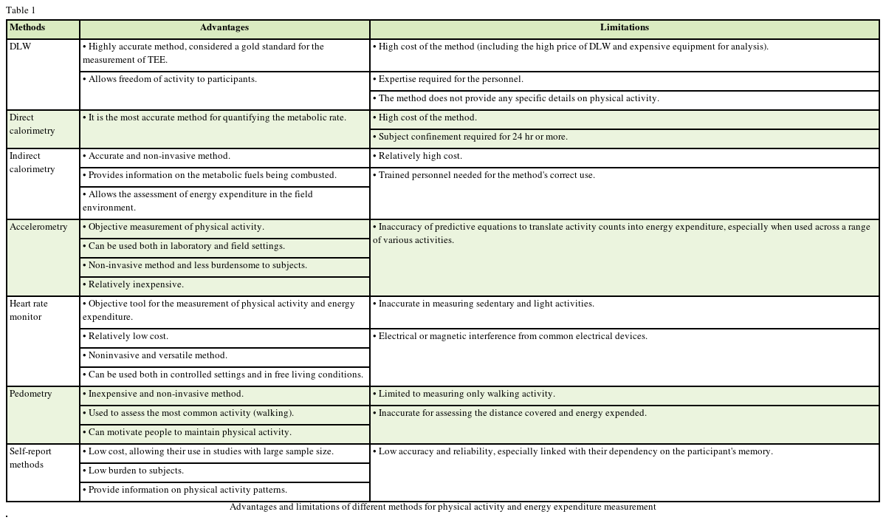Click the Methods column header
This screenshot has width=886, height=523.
tap(27, 28)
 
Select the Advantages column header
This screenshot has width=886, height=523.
tap(224, 28)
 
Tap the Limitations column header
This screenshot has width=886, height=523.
tap(625, 28)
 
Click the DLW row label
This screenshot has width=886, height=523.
tap(21, 47)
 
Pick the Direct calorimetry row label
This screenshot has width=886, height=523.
tap(32, 124)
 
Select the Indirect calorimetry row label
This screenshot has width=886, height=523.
tap(32, 163)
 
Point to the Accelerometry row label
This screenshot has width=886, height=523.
tap(38, 228)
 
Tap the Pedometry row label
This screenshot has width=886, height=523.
tap(31, 394)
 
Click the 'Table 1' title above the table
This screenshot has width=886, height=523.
tap(21, 10)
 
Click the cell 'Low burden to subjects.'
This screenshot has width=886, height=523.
tap(136, 471)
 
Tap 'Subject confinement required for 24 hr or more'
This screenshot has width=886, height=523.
tap(473, 137)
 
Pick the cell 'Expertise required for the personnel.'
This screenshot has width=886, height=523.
tap(450, 80)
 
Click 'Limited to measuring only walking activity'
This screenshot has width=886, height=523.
tap(467, 394)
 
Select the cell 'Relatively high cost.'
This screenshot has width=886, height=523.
tap(420, 157)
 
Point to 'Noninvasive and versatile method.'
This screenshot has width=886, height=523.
tap(158, 356)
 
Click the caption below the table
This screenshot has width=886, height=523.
tap(442, 507)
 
